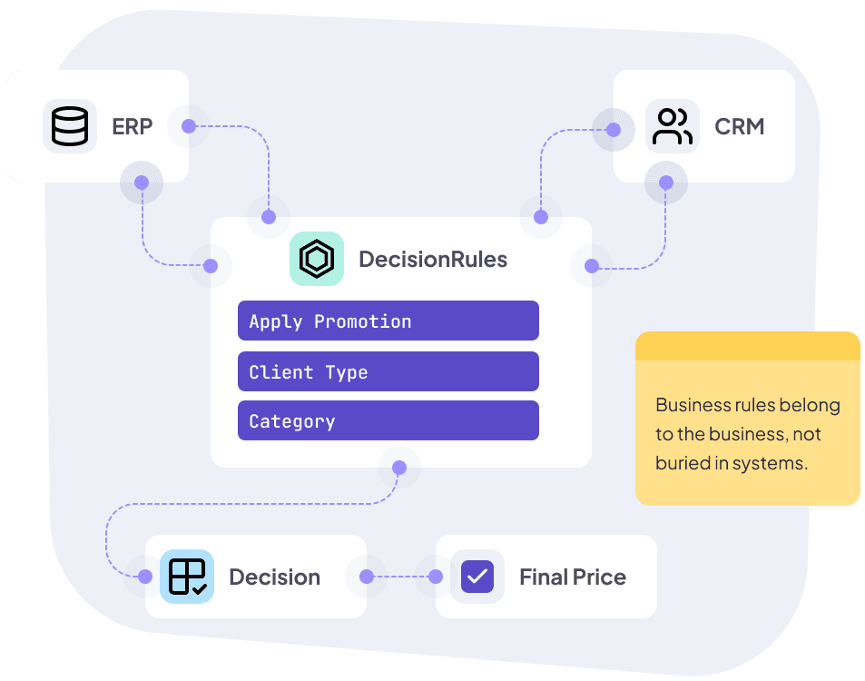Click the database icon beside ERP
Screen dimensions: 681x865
click(70, 126)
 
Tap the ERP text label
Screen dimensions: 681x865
click(133, 126)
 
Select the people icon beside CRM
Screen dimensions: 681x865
click(673, 126)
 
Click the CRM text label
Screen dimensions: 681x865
click(739, 126)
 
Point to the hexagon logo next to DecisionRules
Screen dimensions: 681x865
click(317, 259)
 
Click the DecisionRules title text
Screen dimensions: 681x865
click(433, 259)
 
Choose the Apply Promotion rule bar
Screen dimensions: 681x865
click(388, 321)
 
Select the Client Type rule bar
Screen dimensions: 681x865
click(388, 372)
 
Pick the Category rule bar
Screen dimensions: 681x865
click(388, 421)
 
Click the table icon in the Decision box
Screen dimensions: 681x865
click(187, 577)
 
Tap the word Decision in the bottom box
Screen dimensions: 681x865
click(274, 577)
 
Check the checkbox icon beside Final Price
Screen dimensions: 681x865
click(477, 577)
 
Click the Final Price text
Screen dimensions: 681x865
click(572, 577)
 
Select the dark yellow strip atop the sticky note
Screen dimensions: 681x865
click(747, 346)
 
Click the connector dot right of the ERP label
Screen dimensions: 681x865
click(189, 126)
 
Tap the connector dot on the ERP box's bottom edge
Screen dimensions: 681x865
click(142, 183)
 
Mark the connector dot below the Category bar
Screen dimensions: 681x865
click(398, 468)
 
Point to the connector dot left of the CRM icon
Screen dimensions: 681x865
click(614, 130)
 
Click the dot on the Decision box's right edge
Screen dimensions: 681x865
click(367, 577)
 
